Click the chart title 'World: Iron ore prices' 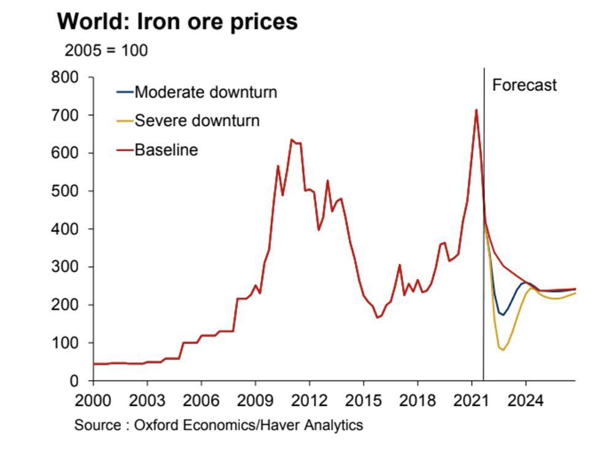click(x=177, y=21)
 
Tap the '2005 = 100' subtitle click(x=105, y=50)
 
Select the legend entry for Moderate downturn click(x=205, y=93)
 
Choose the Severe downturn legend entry click(x=197, y=121)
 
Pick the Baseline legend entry click(x=166, y=150)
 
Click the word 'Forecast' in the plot click(x=525, y=85)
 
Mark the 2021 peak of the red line click(x=476, y=110)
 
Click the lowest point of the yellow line click(x=503, y=350)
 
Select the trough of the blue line click(x=503, y=315)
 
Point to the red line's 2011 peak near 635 click(x=291, y=140)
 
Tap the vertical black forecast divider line click(x=484, y=245)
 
